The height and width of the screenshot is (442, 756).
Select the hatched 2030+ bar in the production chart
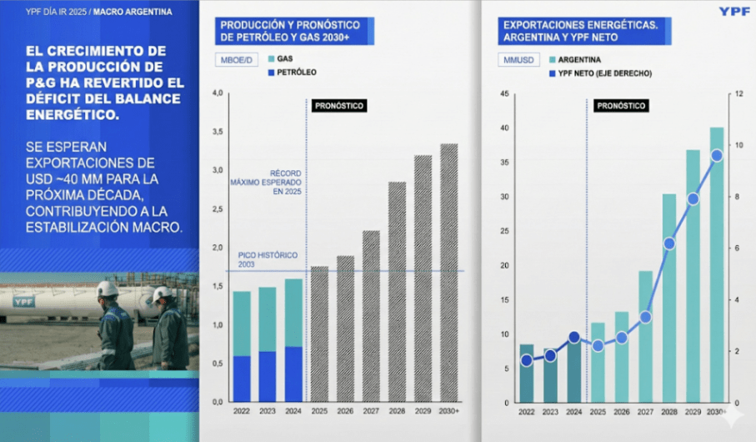coord(449,272)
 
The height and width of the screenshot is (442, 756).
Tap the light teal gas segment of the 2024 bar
coord(293,312)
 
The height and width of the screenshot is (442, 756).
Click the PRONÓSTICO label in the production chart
coord(339,106)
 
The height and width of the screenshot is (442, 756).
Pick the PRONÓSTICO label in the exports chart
coord(621,106)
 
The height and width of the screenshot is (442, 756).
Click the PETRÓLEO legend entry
coord(291,73)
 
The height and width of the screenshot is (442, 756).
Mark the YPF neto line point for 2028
coord(668,244)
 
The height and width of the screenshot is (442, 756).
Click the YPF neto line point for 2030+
coord(716,156)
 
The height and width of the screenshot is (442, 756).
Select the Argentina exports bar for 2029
coord(693,275)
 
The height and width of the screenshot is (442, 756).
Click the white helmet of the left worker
coord(108,289)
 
